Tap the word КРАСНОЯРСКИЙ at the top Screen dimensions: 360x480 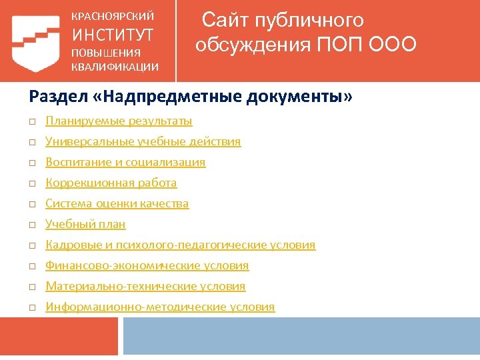(x=113, y=15)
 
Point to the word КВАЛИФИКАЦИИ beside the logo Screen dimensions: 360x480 (x=115, y=66)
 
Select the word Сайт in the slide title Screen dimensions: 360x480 (x=227, y=20)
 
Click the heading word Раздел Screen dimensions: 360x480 (x=53, y=97)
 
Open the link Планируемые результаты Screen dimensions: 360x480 (x=119, y=121)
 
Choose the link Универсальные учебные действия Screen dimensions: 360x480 (x=143, y=142)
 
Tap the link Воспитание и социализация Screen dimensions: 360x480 (x=125, y=163)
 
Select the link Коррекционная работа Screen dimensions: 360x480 (x=111, y=183)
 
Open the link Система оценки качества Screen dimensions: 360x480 (x=117, y=204)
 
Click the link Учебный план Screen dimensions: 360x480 (x=85, y=225)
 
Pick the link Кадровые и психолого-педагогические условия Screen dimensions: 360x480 (x=180, y=245)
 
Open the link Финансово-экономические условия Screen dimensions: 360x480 (x=147, y=266)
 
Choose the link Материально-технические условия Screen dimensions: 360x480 (x=145, y=287)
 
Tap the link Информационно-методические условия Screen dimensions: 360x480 (x=160, y=307)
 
